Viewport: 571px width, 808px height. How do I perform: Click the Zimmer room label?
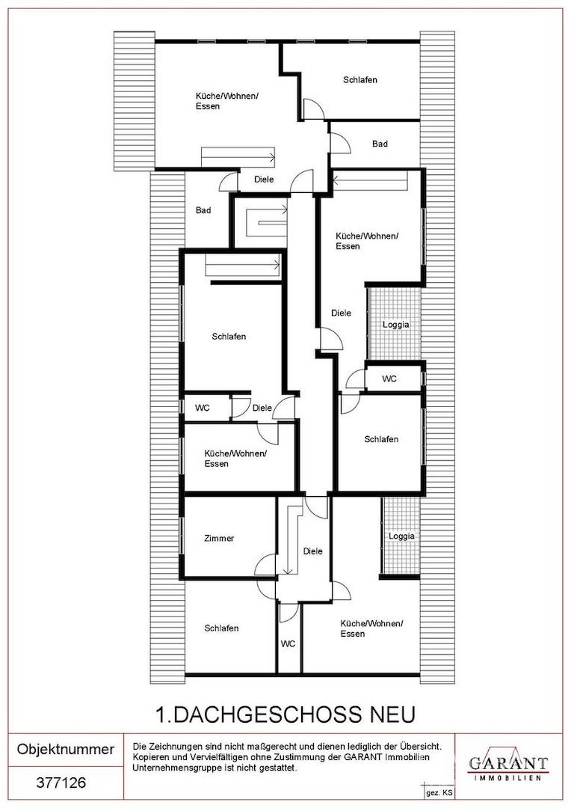(219, 538)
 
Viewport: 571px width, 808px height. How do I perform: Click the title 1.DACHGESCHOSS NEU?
(285, 714)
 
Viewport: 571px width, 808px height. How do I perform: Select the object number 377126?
(61, 783)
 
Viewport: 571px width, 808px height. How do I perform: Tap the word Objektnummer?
(66, 749)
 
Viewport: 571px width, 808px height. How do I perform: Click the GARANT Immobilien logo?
(507, 764)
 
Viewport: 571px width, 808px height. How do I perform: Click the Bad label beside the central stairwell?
(203, 210)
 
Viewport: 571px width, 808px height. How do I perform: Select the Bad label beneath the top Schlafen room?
(380, 144)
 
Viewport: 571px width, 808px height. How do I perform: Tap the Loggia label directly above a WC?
(396, 325)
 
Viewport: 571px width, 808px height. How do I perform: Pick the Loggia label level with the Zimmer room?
(401, 536)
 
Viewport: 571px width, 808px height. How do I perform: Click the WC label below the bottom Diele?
(288, 643)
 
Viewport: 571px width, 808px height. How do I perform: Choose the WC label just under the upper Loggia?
(389, 379)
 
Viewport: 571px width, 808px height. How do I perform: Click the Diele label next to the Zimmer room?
(312, 551)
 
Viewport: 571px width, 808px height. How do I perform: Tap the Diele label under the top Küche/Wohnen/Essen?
(264, 180)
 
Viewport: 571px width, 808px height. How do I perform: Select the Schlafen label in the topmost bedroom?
(360, 80)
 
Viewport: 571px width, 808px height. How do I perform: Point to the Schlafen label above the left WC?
(229, 337)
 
